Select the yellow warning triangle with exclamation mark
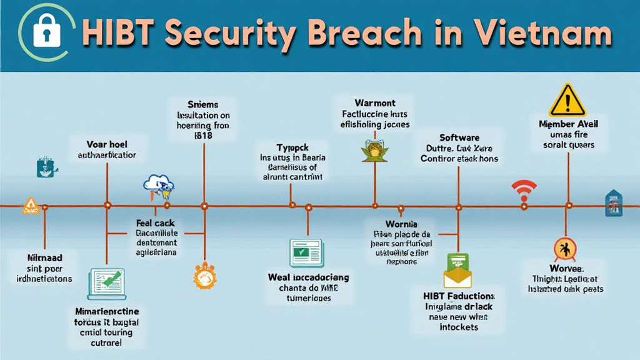point(566,100)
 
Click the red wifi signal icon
point(524,190)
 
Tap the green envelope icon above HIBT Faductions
point(459,271)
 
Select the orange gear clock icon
point(204,276)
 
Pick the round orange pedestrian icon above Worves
point(565,249)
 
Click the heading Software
point(459,137)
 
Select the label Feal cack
point(156,222)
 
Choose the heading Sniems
point(203,104)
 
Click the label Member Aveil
point(569,124)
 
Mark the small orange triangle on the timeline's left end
point(30,206)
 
